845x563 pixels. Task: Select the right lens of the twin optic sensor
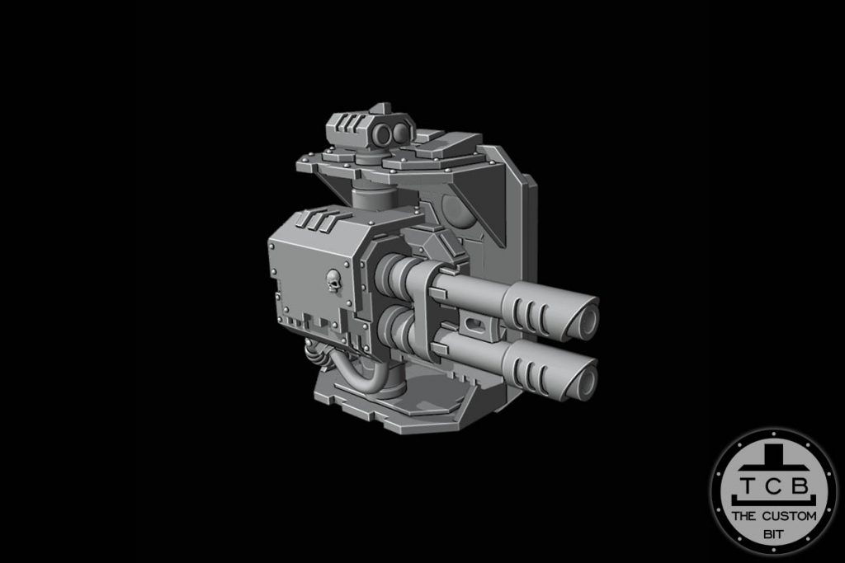coord(399,133)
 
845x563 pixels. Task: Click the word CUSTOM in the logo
coord(790,517)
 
